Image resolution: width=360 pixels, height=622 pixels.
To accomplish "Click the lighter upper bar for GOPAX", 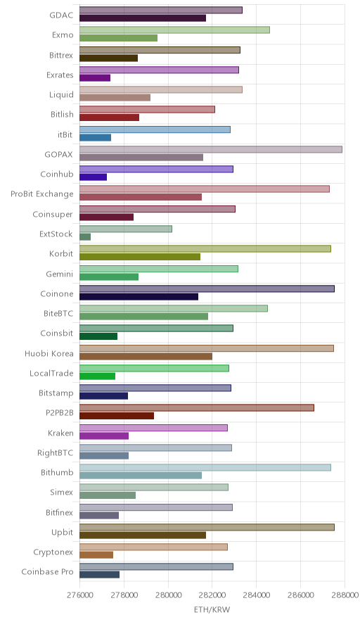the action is click(210, 149).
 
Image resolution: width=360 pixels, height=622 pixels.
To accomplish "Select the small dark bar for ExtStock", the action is click(85, 237).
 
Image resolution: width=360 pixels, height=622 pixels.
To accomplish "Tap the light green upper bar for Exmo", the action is click(174, 30).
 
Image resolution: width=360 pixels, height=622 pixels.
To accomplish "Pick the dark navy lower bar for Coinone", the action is click(139, 297).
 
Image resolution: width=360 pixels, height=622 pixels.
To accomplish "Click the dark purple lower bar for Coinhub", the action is click(94, 177).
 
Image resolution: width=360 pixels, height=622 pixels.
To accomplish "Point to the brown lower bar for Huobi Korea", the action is click(146, 356).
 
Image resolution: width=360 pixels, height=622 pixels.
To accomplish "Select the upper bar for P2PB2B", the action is click(197, 408).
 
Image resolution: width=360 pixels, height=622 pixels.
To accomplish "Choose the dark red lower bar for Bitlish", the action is click(110, 118).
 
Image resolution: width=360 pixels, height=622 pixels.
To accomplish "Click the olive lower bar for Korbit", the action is click(140, 257).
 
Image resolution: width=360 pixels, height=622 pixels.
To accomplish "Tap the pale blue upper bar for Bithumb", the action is click(205, 467).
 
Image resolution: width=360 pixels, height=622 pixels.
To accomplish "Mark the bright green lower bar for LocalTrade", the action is click(98, 376).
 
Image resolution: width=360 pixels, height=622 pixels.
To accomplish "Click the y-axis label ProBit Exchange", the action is click(42, 194).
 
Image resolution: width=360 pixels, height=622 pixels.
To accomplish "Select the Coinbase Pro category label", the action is click(48, 571).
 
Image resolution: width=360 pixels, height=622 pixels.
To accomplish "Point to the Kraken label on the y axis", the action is click(60, 433).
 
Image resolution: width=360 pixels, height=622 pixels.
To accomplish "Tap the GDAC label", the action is click(61, 15).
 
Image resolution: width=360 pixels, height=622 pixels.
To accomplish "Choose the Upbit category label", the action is click(63, 533).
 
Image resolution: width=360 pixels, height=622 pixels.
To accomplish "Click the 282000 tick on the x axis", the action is click(212, 595).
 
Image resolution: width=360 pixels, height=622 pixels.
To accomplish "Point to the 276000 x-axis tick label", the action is click(79, 595).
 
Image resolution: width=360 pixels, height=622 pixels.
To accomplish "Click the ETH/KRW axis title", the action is click(212, 609).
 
